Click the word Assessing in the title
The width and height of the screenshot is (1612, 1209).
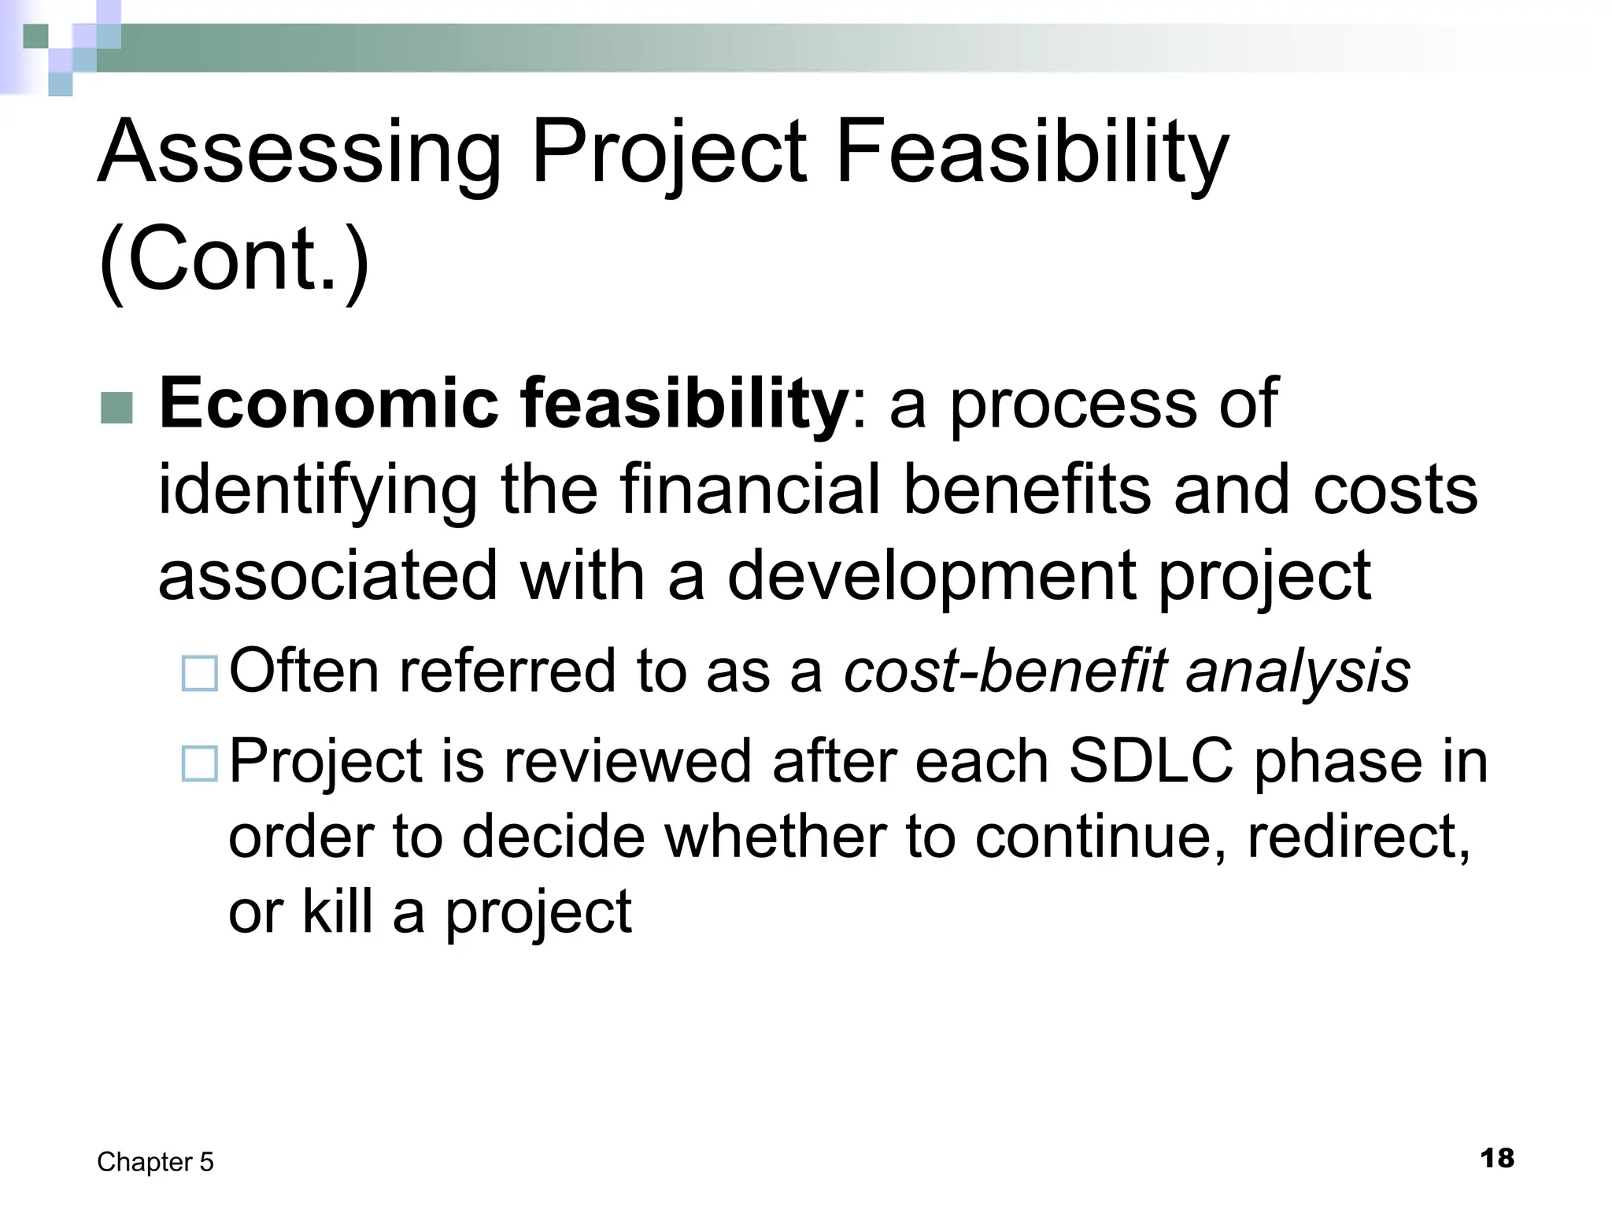(x=299, y=152)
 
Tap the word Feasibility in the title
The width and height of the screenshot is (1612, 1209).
(x=1031, y=152)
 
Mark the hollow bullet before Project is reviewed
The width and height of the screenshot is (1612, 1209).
(x=200, y=763)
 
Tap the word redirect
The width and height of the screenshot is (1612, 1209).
(x=1358, y=837)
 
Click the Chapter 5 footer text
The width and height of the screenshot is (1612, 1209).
(x=155, y=1162)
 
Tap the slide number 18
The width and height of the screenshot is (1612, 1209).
(x=1497, y=1158)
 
